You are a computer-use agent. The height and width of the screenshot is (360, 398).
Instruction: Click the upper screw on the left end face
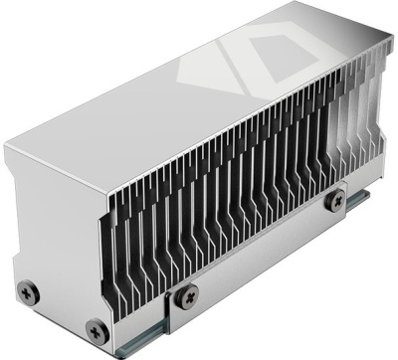[31, 290]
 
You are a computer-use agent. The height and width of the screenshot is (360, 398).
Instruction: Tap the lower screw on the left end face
[96, 328]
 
